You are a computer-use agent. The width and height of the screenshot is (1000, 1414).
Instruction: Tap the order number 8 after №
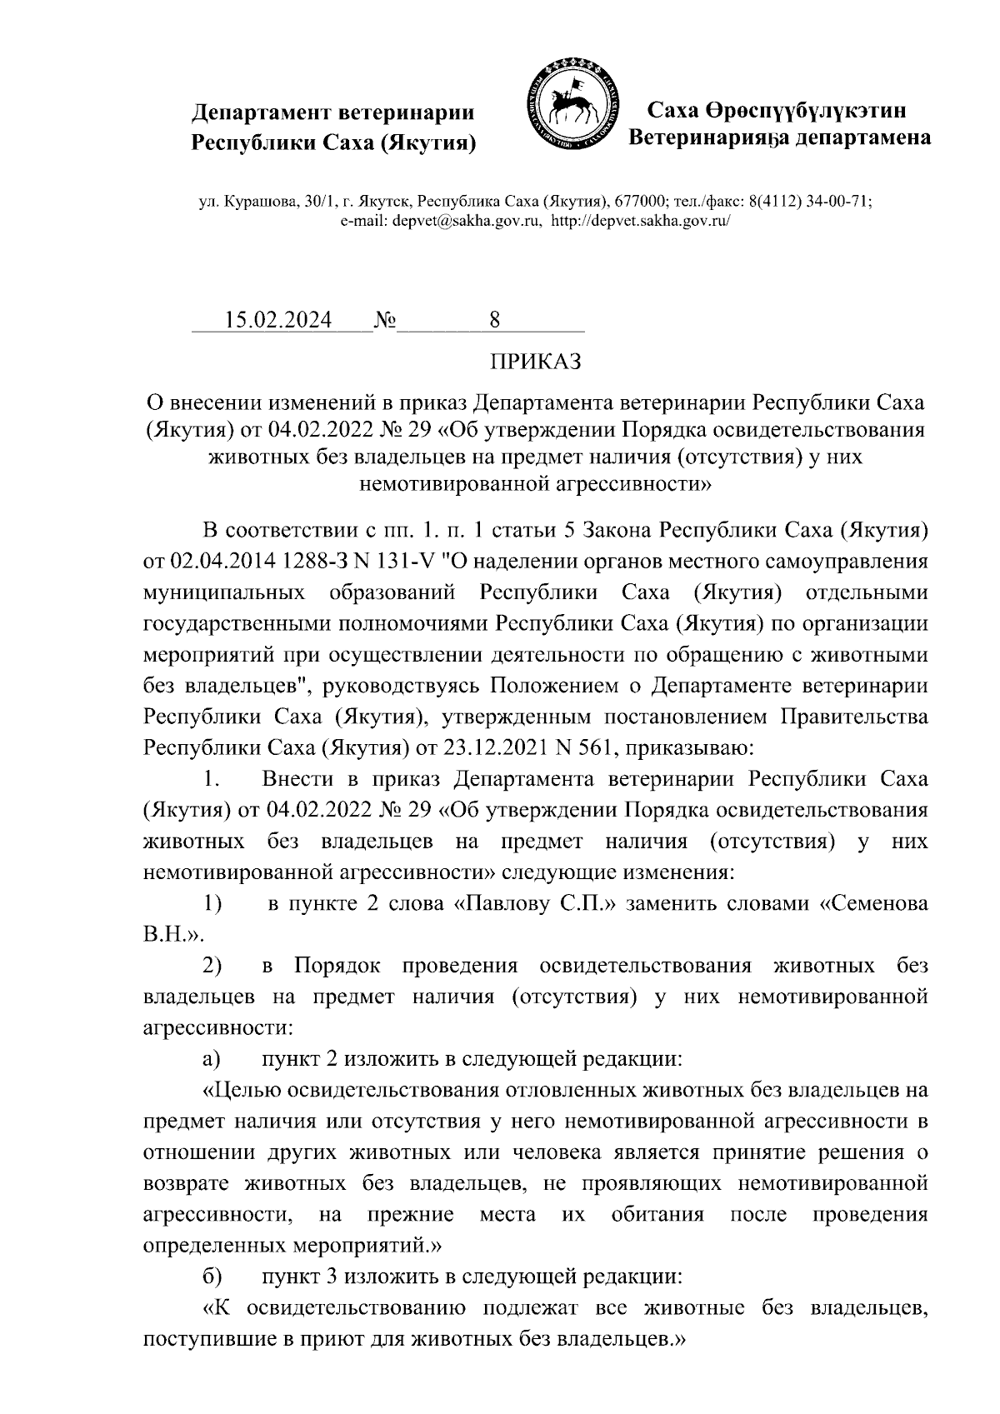click(x=495, y=321)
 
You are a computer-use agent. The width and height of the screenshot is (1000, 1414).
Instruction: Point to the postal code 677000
click(x=640, y=202)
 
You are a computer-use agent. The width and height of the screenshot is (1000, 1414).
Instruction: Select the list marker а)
click(x=212, y=1059)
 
